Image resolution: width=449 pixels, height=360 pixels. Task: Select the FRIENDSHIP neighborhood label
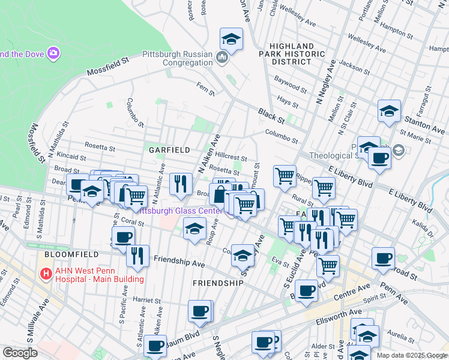pyautogui.click(x=217, y=283)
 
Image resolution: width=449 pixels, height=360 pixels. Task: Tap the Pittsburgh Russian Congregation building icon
pyautogui.click(x=222, y=58)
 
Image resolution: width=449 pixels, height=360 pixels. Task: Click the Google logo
pyautogui.click(x=20, y=352)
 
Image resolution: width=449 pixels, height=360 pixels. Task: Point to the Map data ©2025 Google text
pyautogui.click(x=411, y=355)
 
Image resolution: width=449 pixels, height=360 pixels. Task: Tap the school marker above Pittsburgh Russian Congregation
pyautogui.click(x=231, y=40)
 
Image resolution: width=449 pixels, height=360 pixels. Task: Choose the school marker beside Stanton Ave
pyautogui.click(x=389, y=110)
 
